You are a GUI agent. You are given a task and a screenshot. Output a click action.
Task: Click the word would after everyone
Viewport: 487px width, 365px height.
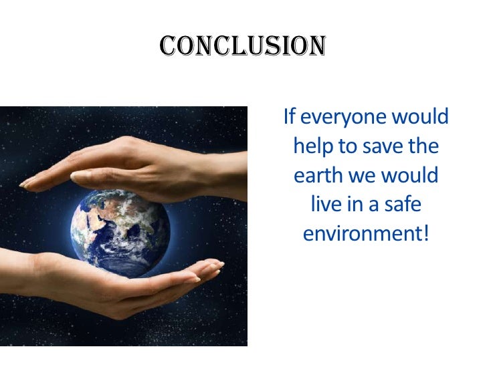[419, 117]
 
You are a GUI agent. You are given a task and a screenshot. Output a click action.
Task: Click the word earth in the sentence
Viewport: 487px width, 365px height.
[316, 176]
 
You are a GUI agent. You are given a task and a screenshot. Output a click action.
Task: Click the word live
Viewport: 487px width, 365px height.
[326, 205]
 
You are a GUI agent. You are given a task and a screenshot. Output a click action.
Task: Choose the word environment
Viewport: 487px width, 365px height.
[361, 235]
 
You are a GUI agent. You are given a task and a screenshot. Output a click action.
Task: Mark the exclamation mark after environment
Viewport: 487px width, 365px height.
[423, 235]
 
